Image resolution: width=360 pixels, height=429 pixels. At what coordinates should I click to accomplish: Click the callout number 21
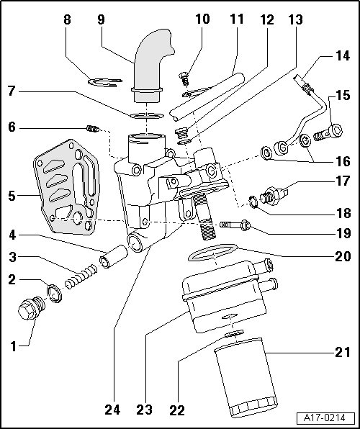click(343, 353)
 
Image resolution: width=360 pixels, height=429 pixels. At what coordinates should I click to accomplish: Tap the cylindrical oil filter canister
click(246, 378)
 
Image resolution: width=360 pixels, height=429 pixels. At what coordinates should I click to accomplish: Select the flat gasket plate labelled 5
click(66, 187)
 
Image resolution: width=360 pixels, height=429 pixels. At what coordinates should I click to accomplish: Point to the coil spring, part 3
click(81, 276)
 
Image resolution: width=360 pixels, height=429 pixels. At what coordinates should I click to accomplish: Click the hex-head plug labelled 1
click(32, 308)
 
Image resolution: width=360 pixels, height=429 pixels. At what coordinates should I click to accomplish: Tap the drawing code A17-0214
click(325, 418)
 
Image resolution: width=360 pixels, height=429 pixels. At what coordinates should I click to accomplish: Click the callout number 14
click(343, 56)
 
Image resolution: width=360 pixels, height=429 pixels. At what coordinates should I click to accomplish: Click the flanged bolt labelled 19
click(235, 225)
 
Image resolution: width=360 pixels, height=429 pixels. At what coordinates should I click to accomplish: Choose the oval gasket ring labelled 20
click(213, 252)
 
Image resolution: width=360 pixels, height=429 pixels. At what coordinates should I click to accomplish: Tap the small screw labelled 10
click(184, 78)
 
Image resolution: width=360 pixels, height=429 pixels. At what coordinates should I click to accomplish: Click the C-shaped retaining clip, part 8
click(105, 82)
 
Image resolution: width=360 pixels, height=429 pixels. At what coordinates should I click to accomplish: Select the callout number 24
click(112, 410)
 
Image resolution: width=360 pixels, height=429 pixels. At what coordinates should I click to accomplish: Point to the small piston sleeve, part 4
click(114, 257)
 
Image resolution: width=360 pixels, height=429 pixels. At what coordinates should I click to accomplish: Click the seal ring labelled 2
click(55, 294)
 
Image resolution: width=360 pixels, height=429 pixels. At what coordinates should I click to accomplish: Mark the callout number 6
click(12, 127)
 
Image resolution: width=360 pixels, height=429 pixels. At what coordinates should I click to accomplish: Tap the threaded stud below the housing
click(204, 216)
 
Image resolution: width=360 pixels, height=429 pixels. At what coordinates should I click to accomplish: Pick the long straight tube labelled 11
click(207, 97)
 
